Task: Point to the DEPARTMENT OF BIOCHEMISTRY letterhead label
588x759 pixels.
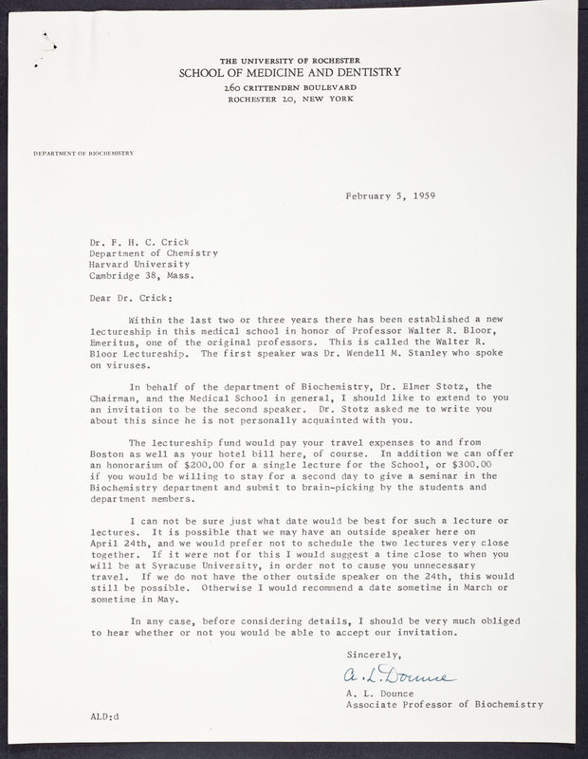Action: coord(83,153)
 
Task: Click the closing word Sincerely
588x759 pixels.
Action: coord(374,655)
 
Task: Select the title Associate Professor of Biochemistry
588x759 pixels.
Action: coord(445,704)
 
